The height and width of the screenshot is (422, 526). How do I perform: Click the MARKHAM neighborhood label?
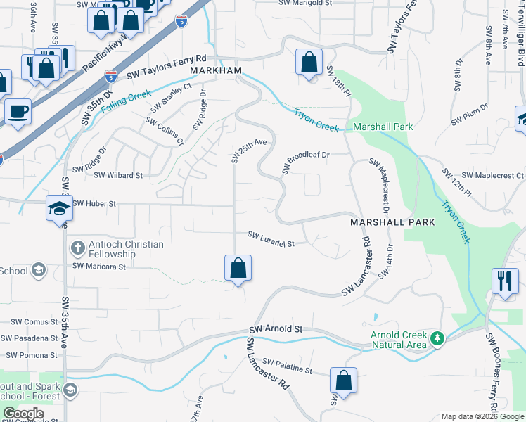214,72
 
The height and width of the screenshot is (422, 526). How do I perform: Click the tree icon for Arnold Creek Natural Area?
437,339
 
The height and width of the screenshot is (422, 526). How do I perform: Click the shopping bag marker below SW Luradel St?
238,268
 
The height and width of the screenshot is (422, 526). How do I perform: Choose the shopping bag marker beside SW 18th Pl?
309,62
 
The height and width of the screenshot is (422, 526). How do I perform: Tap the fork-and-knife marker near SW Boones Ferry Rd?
504,281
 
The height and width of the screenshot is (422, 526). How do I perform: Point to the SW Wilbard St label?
118,175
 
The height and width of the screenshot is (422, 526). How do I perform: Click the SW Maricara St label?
98,267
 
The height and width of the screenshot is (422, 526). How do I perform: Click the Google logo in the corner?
23,414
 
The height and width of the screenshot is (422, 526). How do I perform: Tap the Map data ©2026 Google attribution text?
482,416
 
